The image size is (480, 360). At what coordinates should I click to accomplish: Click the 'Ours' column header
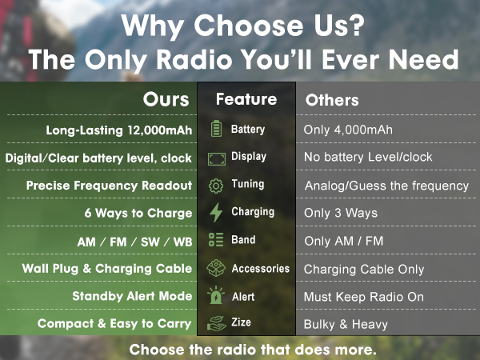pyautogui.click(x=166, y=100)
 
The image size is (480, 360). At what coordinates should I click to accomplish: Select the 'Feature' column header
pyautogui.click(x=246, y=99)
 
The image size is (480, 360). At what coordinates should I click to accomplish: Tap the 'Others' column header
pyautogui.click(x=332, y=101)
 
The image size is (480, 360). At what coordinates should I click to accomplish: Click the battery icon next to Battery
pyautogui.click(x=215, y=129)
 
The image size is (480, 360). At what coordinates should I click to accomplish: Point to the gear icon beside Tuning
pyautogui.click(x=215, y=185)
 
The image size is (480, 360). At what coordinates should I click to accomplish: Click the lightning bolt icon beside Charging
pyautogui.click(x=215, y=213)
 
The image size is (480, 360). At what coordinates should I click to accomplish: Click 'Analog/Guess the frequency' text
pyautogui.click(x=386, y=186)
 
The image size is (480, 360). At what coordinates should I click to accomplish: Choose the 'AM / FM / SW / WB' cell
pyautogui.click(x=130, y=241)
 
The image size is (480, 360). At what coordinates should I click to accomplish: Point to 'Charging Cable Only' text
pyautogui.click(x=364, y=269)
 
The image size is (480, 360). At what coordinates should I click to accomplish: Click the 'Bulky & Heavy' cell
pyautogui.click(x=346, y=324)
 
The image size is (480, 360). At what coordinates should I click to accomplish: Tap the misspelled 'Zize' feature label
pyautogui.click(x=241, y=323)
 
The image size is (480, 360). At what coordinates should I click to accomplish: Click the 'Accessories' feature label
pyautogui.click(x=260, y=269)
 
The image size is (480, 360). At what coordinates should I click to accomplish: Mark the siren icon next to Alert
pyautogui.click(x=215, y=296)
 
